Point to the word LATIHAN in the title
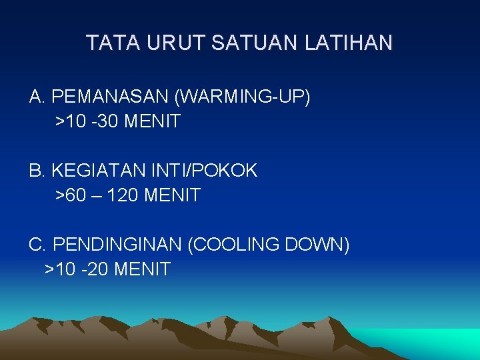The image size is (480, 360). (x=349, y=44)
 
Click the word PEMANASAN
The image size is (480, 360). (x=110, y=97)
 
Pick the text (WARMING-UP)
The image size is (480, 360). (x=242, y=97)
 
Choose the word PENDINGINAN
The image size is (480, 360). (x=117, y=245)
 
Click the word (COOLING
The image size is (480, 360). (x=234, y=245)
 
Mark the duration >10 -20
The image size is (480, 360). (x=77, y=269)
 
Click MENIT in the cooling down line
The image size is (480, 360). (x=143, y=269)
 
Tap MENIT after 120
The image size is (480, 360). (x=172, y=196)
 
